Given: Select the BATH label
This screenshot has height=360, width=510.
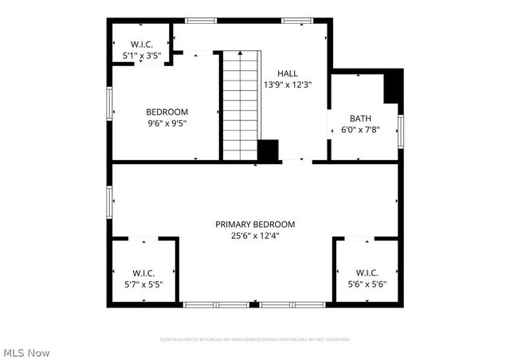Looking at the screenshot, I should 360,118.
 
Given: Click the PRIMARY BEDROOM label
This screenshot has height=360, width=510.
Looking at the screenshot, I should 255,224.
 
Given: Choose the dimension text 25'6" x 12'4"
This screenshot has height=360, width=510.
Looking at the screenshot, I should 255,236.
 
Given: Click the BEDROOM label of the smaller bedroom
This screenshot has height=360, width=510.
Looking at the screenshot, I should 167,112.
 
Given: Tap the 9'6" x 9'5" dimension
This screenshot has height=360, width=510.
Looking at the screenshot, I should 167,123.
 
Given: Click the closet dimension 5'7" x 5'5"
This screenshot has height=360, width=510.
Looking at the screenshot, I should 143,284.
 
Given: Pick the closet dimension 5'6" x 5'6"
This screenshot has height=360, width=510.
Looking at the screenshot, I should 367,284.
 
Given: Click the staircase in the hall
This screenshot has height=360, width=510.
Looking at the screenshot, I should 241,104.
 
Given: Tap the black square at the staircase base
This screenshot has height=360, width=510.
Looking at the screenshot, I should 269,151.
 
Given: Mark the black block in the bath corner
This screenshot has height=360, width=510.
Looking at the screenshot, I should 393,87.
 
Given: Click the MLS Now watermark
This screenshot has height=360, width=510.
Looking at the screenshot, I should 26,352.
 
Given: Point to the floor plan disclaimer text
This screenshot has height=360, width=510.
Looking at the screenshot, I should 255,339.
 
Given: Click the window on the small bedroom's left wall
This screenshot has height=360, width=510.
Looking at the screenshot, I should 109,104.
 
